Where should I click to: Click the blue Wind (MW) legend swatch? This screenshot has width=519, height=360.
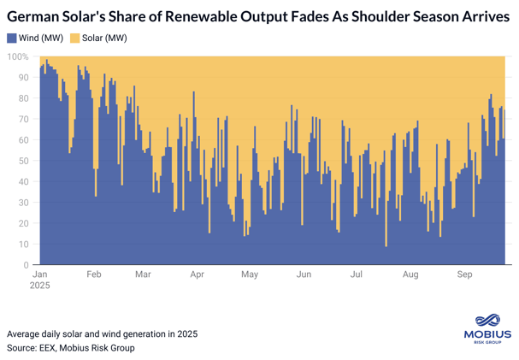click(11, 38)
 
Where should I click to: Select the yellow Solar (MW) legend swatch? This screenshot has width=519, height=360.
click(74, 38)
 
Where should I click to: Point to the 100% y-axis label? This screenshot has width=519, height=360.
click(18, 56)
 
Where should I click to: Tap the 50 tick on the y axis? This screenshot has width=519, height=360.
click(24, 161)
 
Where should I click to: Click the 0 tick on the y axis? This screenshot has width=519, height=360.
click(27, 265)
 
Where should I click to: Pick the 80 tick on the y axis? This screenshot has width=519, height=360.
click(24, 98)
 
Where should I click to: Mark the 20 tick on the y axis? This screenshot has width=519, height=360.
click(24, 223)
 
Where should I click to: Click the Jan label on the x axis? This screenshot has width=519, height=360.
click(40, 275)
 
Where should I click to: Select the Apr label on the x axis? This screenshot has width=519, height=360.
click(198, 275)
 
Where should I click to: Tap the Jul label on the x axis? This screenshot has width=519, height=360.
click(357, 275)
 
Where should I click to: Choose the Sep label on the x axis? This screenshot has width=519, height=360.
click(465, 275)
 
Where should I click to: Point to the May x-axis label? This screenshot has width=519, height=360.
click(250, 275)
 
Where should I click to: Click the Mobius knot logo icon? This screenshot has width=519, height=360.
click(486, 319)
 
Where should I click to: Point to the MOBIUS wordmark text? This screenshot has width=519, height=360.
click(486, 334)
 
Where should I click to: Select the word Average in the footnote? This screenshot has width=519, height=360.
click(25, 333)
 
